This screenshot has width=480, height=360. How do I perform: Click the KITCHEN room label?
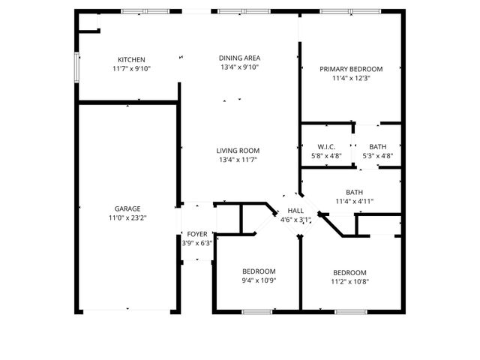[131, 60]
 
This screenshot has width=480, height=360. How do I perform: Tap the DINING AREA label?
[238, 58]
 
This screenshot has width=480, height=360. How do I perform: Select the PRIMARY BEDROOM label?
[351, 69]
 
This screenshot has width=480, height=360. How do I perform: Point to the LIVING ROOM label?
[238, 151]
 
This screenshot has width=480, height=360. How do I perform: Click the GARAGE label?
[127, 208]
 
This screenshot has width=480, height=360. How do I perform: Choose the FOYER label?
[197, 234]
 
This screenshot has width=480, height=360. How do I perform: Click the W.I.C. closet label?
[325, 147]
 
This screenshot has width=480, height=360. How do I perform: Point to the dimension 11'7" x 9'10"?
[131, 69]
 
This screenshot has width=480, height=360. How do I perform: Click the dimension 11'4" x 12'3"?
[351, 78]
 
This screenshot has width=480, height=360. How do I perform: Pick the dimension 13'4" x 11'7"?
[238, 160]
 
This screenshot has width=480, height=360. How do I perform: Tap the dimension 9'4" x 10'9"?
[259, 281]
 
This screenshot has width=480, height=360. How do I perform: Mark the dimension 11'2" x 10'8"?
[349, 282]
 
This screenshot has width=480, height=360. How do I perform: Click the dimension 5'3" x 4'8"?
[378, 156]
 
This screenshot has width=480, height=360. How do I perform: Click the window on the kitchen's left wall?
[76, 65]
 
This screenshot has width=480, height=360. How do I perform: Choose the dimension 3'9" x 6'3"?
[197, 243]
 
